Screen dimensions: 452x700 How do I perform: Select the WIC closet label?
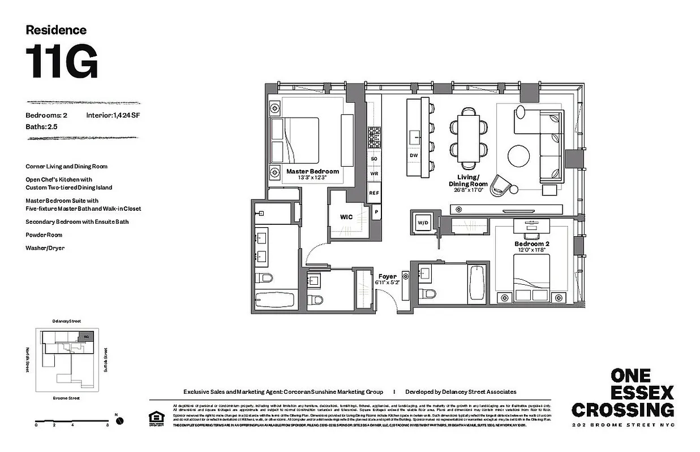tap(346, 216)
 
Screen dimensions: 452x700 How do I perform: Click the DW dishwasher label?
tap(414, 155)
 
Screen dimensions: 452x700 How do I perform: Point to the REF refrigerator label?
tap(373, 193)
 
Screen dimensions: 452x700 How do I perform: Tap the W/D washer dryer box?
tap(423, 223)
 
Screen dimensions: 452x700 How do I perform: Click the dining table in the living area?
tap(468, 135)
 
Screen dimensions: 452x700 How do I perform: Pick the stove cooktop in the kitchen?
tap(374, 137)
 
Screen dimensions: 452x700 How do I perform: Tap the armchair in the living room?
tap(501, 185)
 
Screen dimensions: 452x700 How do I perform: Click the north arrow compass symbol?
tap(119, 421)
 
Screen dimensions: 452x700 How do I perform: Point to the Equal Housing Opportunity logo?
tap(154, 419)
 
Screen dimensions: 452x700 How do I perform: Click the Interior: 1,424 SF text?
tap(113, 115)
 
